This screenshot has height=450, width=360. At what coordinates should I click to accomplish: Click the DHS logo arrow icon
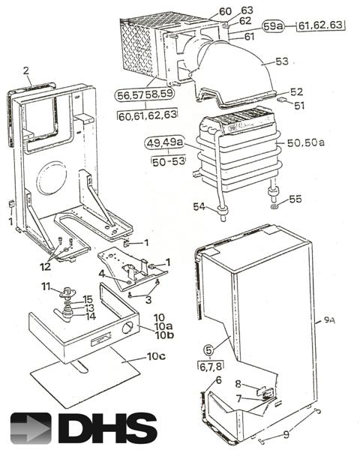click(31, 428)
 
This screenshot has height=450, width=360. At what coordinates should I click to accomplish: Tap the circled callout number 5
click(208, 349)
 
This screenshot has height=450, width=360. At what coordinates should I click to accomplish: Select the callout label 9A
click(329, 320)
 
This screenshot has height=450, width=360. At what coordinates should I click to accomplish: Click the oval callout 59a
click(273, 27)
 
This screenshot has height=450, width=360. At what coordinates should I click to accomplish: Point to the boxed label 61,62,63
click(320, 25)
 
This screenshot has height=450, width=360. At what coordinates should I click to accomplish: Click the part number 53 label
click(282, 61)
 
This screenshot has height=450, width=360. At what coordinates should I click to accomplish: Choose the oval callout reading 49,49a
click(164, 142)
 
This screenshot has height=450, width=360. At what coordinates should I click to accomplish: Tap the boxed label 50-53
click(169, 161)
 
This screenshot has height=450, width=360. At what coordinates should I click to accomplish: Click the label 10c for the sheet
click(157, 356)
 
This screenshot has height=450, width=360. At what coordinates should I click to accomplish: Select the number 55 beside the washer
click(295, 199)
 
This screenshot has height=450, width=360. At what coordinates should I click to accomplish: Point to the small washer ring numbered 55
click(274, 207)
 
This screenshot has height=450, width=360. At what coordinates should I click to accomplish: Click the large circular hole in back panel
click(52, 178)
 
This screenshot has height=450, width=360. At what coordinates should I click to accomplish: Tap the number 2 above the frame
click(26, 70)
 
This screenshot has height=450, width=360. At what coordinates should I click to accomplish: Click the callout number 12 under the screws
click(45, 267)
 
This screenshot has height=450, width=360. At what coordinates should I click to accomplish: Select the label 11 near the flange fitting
click(46, 286)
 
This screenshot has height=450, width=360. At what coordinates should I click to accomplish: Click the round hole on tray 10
click(127, 328)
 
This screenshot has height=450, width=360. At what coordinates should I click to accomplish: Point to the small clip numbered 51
click(281, 100)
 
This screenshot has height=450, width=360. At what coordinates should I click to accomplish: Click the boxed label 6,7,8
click(211, 366)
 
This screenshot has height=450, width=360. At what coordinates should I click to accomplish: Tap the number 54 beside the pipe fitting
click(199, 206)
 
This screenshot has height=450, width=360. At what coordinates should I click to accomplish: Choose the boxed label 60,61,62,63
click(148, 115)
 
